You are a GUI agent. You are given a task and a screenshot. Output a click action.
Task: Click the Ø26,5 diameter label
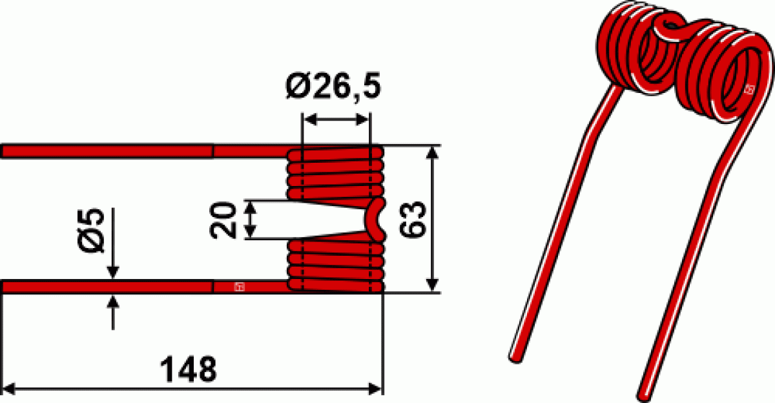333,86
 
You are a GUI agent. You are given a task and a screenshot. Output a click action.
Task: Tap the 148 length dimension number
189,369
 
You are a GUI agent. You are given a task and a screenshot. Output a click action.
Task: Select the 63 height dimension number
413,220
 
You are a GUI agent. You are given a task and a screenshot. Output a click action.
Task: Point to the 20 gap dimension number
223,220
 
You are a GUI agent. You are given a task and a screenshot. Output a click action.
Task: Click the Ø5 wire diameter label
91,230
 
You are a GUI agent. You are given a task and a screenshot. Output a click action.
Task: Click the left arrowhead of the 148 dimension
8,389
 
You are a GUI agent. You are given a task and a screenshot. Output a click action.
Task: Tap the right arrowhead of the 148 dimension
375,389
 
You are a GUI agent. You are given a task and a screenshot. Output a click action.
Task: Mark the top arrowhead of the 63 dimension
432,153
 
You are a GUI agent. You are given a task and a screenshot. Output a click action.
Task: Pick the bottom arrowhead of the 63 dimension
432,285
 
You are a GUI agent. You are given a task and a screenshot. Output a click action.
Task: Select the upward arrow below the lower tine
113,313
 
